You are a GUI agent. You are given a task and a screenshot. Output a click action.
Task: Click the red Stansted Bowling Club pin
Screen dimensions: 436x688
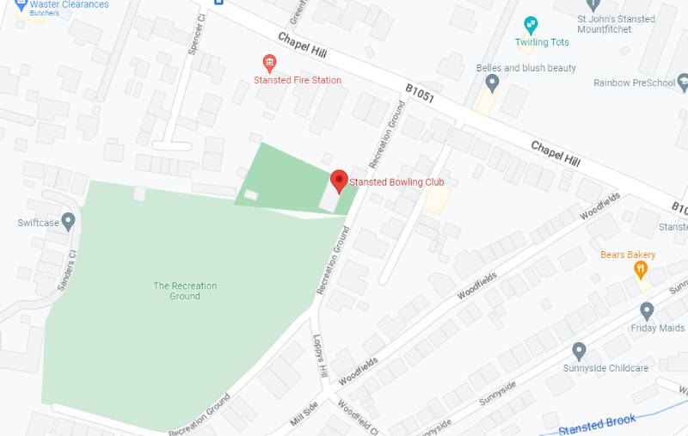point(339,181)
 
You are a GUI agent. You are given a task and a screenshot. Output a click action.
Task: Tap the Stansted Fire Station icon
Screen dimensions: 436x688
point(269,64)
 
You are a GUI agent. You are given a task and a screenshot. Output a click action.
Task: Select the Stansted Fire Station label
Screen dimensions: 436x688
point(298,80)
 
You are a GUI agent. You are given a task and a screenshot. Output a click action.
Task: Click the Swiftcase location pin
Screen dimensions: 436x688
point(69,221)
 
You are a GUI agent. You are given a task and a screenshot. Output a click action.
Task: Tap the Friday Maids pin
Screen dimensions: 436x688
point(648,310)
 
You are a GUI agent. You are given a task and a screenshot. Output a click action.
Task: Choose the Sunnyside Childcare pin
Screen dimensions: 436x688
point(579,351)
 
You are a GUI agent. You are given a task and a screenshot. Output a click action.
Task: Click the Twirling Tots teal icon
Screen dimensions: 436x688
point(531,24)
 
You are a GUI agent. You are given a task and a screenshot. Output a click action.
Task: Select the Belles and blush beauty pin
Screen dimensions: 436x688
point(492,83)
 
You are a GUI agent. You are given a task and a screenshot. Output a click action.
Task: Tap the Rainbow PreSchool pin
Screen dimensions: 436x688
point(684,83)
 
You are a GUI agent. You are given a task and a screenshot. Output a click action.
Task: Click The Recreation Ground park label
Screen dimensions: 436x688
point(185,291)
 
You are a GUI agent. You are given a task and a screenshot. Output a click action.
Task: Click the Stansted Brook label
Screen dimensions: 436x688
point(597,424)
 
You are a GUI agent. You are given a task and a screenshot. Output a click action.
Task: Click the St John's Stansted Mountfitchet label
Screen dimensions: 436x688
point(617,24)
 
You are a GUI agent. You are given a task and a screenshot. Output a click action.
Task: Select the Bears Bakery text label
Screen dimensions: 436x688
point(628,255)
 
